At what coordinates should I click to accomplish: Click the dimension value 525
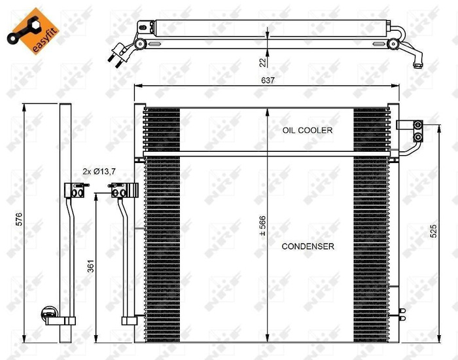433,230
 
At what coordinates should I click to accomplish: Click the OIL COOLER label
307,130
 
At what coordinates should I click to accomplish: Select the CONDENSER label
308,247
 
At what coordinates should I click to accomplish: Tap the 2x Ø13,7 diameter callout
99,171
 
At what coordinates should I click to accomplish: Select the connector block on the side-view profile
74,190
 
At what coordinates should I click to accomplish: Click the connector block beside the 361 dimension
119,190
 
